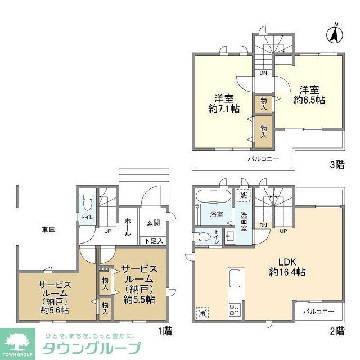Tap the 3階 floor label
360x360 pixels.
(x=336, y=165)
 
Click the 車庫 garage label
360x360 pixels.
(x=47, y=229)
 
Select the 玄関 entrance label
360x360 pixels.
(x=153, y=222)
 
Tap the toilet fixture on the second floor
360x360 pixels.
(x=203, y=237)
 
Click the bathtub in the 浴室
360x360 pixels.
(x=212, y=197)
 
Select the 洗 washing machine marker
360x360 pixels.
(x=243, y=195)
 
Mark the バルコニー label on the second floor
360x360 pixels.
(x=318, y=310)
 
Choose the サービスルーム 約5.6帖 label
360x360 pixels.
(x=54, y=297)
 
